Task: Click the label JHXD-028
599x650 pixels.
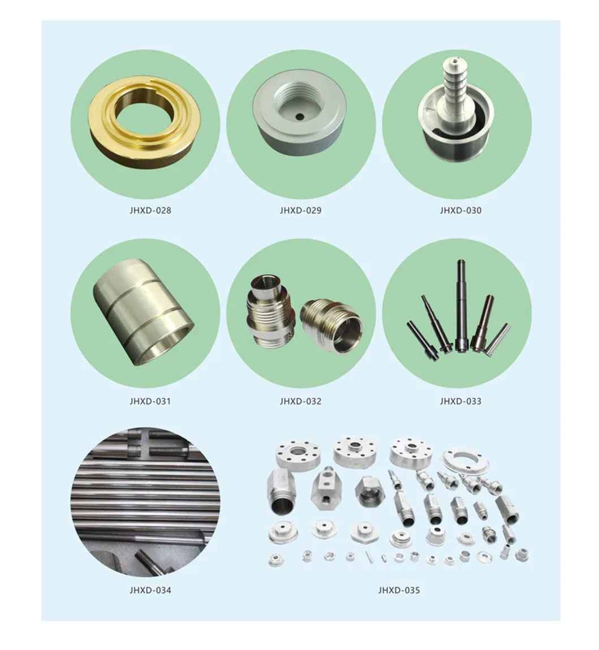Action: click(x=150, y=210)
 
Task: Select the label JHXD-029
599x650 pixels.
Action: click(x=300, y=210)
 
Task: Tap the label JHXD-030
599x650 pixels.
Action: click(x=460, y=210)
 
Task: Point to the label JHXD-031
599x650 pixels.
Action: click(x=150, y=401)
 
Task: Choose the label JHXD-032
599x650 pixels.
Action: click(x=300, y=401)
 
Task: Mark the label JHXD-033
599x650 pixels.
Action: click(x=460, y=401)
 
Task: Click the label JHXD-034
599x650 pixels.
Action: click(x=150, y=590)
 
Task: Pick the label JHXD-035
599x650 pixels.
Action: click(x=398, y=590)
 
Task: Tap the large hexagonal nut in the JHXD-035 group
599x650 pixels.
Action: click(x=370, y=492)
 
